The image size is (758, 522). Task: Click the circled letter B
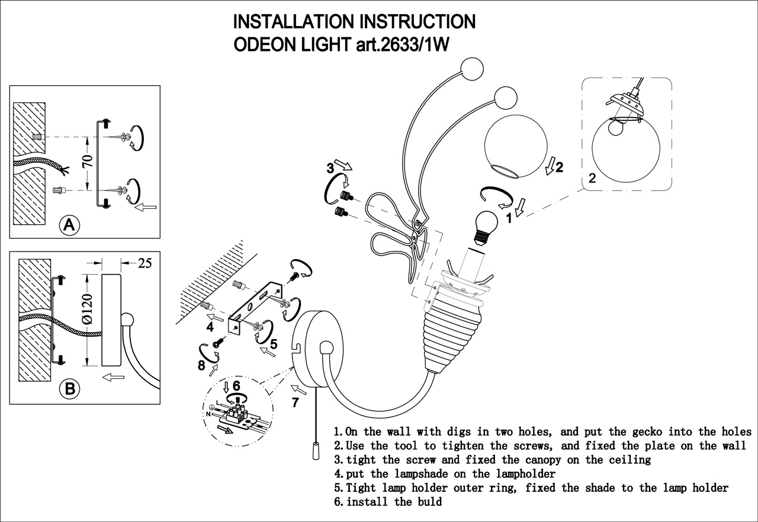pyautogui.click(x=70, y=389)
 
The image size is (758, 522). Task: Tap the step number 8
pyautogui.click(x=202, y=366)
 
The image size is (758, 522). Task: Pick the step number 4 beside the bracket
pyautogui.click(x=210, y=326)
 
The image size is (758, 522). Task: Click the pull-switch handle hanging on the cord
pyautogui.click(x=316, y=451)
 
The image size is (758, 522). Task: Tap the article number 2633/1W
pyautogui.click(x=420, y=45)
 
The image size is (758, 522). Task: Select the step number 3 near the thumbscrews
pyautogui.click(x=330, y=168)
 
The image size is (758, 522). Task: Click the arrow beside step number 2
pyautogui.click(x=550, y=167)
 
